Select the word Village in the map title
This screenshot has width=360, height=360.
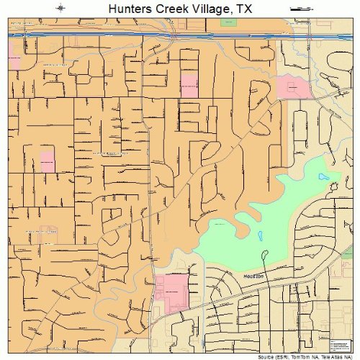(x=210, y=9)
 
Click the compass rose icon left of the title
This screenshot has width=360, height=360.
(x=60, y=9)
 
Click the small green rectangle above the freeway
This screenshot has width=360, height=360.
(x=228, y=23)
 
